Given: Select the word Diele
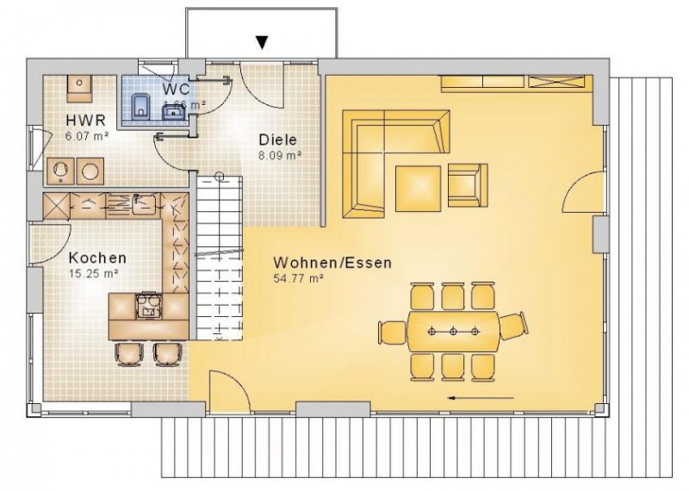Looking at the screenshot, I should tap(277, 140).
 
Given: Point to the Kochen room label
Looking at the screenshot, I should tap(97, 258).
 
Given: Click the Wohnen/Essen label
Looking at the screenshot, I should tap(332, 262).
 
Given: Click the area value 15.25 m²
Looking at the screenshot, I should tap(93, 273).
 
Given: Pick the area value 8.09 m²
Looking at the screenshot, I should tap(280, 155).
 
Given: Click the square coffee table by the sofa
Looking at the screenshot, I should tap(418, 187).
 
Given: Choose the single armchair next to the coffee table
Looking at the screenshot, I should tap(466, 184).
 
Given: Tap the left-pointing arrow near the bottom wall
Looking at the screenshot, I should tap(481, 399).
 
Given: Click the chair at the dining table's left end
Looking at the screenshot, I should tap(392, 332).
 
